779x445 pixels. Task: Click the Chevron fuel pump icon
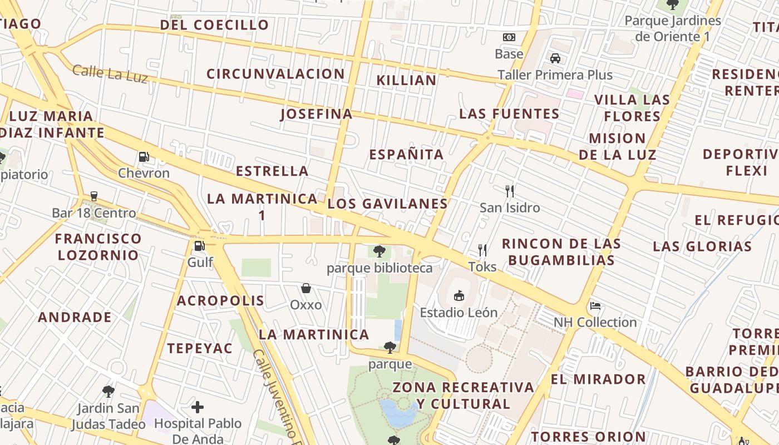coord(144,157)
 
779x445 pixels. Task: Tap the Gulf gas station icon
coord(199,245)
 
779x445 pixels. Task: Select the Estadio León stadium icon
coord(459,295)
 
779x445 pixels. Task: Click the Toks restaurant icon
coord(482,250)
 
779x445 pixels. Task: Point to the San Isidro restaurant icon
coord(510,191)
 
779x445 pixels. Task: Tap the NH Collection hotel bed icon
coord(595,306)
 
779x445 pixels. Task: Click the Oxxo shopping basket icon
coord(305,288)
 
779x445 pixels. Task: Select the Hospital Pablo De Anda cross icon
coord(198,407)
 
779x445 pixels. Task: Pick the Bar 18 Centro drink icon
coord(93,196)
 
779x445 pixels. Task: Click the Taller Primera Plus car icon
coord(555,58)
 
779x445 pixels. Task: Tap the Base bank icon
coord(509,37)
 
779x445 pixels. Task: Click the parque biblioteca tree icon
coord(379,251)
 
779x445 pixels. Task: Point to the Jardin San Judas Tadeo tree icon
coord(109,392)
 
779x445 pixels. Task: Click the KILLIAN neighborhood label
coord(406,80)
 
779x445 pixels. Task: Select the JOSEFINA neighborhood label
coord(316,114)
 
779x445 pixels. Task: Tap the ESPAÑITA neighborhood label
coord(406,154)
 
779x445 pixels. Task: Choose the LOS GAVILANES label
coord(387,204)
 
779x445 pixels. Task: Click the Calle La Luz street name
coord(110,73)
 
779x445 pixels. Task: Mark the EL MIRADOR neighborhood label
coord(598,379)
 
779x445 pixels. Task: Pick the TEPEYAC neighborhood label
coord(200,348)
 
